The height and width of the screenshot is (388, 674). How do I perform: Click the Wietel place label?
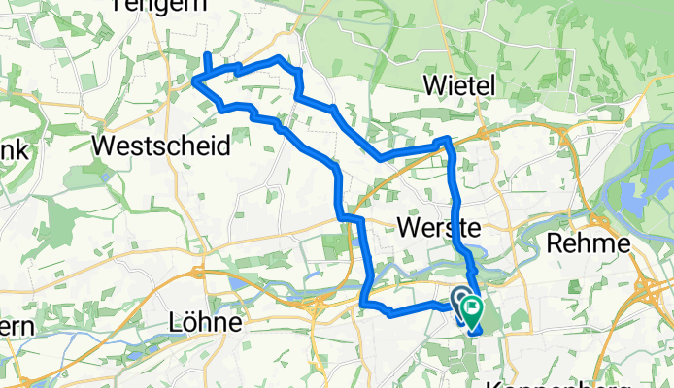pos(460,86)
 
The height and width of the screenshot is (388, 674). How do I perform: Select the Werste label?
pos(440,228)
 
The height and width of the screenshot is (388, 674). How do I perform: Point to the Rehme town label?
pos(589,242)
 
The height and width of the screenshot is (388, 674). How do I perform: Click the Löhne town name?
pos(204,319)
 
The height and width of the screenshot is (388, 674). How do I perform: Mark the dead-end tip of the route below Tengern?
pos(206,52)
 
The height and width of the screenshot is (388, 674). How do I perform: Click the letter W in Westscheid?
pos(103,146)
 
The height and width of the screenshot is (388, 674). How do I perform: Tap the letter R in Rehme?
pos(555,242)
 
